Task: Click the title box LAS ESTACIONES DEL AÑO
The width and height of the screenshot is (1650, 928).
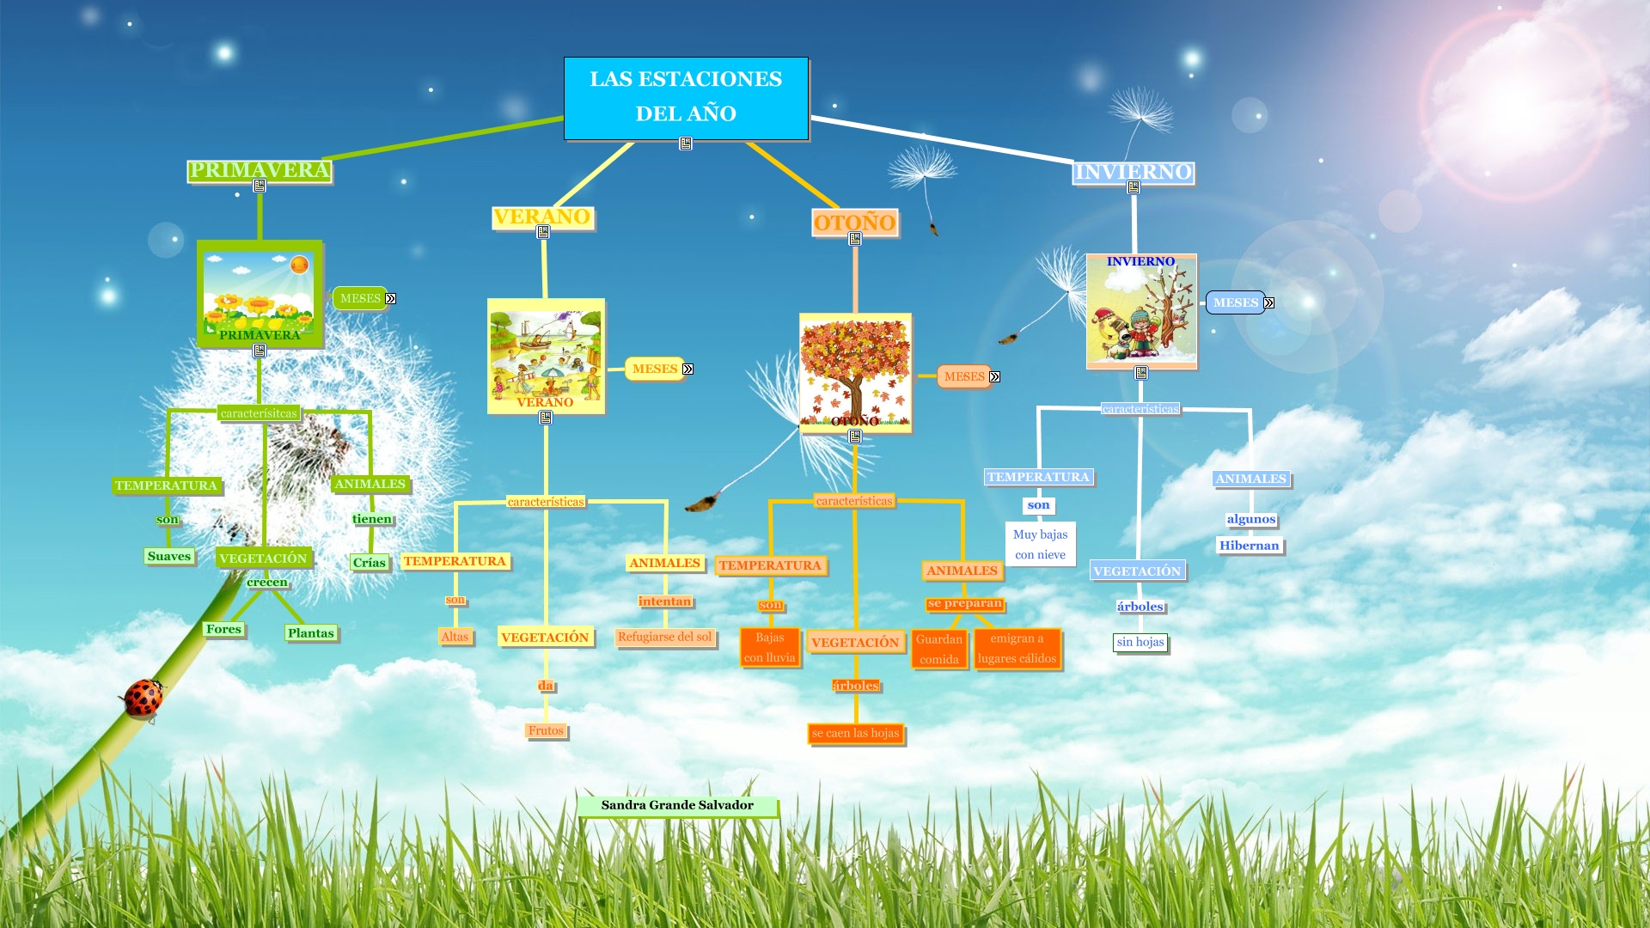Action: point(686,97)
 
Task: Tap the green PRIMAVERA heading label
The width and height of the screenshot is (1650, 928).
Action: point(259,170)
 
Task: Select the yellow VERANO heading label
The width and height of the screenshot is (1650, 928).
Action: point(542,217)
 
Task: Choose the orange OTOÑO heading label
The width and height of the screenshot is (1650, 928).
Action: point(855,223)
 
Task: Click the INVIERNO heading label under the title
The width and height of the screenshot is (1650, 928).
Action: point(1134,172)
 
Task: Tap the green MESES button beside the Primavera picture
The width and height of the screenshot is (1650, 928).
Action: point(360,298)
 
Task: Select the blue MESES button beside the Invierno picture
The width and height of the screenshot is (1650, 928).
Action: point(1235,302)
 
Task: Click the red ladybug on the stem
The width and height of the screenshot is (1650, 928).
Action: point(143,698)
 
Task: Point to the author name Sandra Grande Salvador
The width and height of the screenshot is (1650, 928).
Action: point(677,805)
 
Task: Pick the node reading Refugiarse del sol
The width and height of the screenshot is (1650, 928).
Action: point(664,637)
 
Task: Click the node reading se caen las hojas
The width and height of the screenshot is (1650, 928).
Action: point(855,733)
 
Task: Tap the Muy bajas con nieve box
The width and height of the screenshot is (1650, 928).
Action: point(1040,544)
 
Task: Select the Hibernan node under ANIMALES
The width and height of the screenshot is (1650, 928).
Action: point(1249,546)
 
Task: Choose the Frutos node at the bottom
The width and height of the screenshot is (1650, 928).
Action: point(546,730)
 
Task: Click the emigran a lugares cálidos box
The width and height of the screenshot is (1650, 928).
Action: point(1017,649)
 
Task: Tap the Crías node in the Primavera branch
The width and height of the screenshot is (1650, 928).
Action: point(369,562)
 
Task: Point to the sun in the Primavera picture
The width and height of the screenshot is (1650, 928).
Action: point(299,265)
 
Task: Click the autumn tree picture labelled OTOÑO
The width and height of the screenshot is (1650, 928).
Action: point(855,371)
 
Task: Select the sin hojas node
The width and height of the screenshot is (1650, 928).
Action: point(1140,642)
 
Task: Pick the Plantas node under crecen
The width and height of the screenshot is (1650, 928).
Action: point(310,633)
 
